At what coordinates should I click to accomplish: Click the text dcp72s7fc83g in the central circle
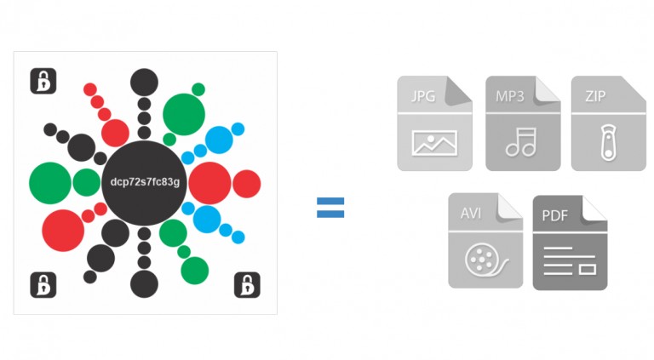point(145,182)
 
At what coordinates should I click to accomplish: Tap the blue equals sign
point(330,207)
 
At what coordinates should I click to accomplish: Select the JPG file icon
point(434,123)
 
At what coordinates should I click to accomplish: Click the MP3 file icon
point(522,123)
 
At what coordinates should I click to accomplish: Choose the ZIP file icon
point(608,123)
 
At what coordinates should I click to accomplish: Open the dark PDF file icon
point(570,243)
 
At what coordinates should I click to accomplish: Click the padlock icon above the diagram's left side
point(43,81)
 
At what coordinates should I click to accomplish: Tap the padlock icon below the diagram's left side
point(43,284)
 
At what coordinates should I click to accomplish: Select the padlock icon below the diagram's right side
point(247,284)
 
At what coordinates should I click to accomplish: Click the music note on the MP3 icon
point(520,141)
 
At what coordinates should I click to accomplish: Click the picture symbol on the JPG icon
point(434,142)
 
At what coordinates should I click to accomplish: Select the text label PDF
point(554,215)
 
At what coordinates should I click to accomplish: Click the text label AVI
point(470,212)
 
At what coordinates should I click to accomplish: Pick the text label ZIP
point(595,96)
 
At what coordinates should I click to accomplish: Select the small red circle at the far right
point(247,183)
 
